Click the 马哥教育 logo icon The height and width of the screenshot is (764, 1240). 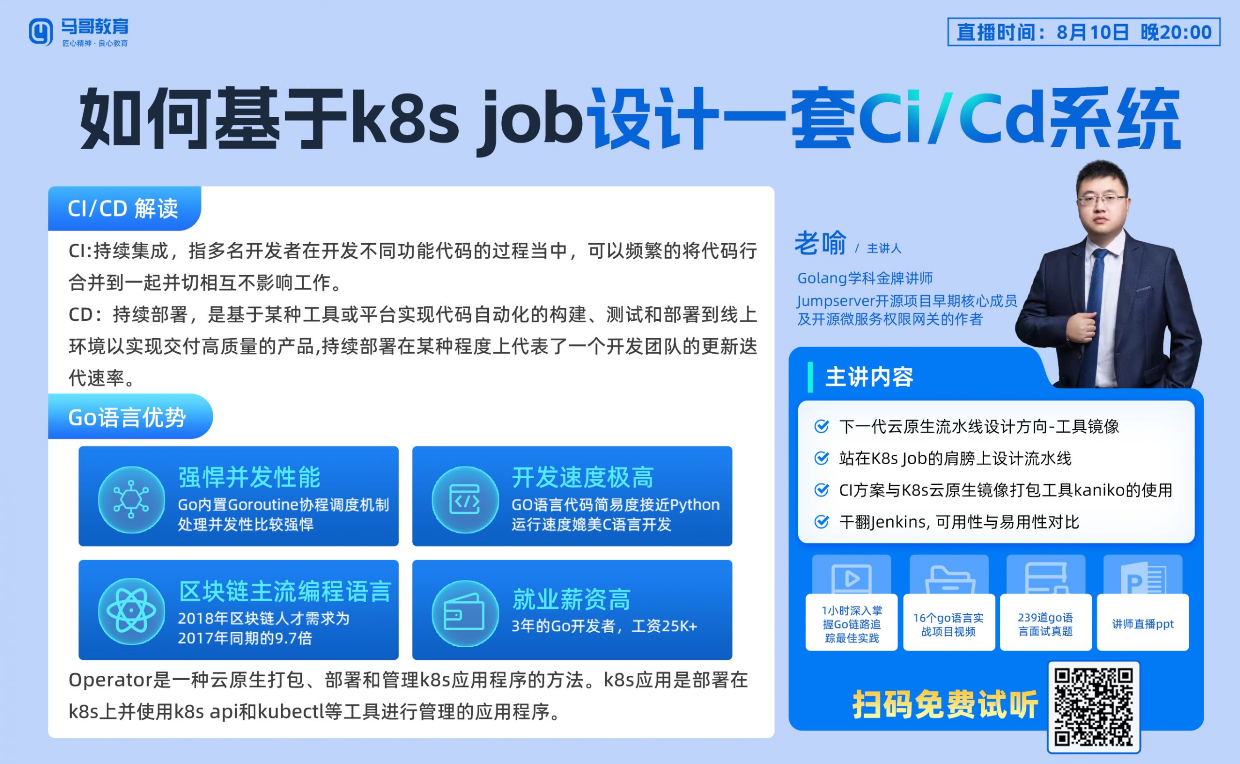[40, 32]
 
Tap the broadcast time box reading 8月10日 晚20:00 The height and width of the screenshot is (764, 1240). [1084, 32]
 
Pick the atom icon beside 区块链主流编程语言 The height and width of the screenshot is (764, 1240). [131, 611]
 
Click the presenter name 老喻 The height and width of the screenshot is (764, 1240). [820, 243]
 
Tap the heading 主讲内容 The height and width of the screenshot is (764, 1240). [869, 377]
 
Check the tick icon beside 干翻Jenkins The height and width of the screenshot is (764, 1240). [822, 521]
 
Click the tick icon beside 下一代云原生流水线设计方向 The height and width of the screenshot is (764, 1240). [822, 426]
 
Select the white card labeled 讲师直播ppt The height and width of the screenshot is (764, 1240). [1143, 623]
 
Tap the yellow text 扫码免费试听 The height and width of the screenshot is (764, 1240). [945, 704]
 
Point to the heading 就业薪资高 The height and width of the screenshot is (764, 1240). [571, 600]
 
